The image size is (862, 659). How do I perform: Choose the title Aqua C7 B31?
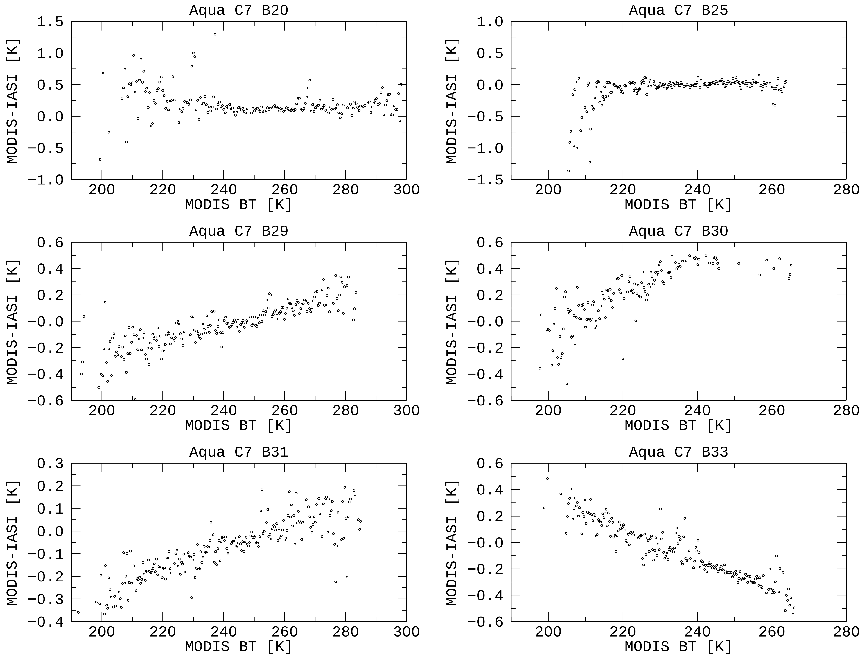(239, 452)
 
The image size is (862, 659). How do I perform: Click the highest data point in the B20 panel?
(215, 34)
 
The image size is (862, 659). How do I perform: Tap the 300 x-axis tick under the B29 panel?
(406, 411)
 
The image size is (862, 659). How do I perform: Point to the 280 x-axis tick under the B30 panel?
(846, 411)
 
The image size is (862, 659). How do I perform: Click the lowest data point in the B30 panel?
(567, 384)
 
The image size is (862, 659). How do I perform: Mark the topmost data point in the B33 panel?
(548, 479)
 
